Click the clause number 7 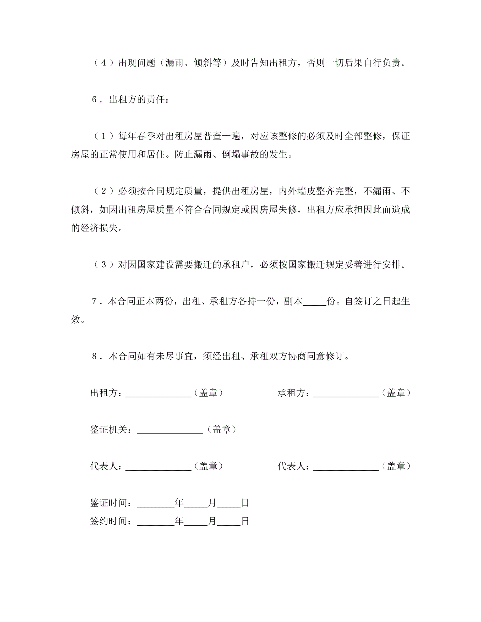click(95, 301)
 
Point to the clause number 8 click(95, 356)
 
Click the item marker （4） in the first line click(103, 63)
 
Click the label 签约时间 click(108, 521)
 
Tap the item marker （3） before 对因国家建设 click(103, 265)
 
